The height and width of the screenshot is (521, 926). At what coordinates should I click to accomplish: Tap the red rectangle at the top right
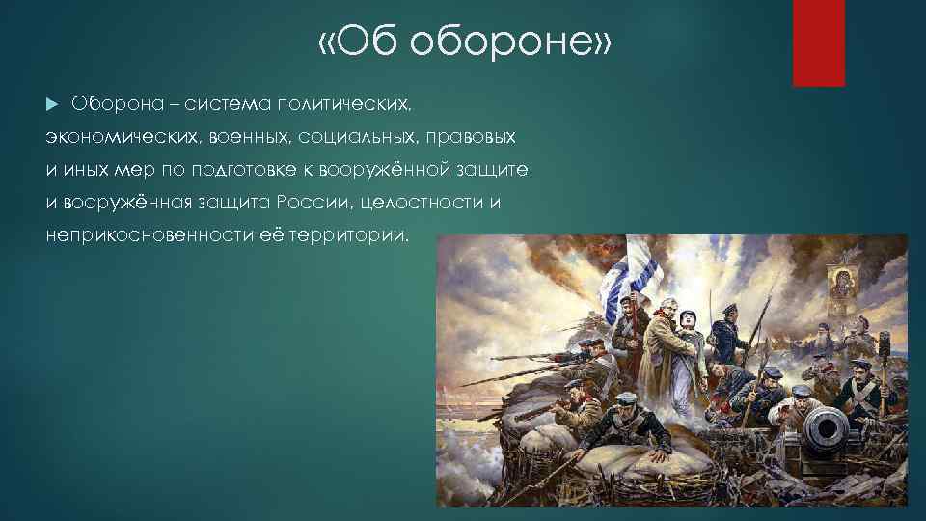pyautogui.click(x=818, y=42)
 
